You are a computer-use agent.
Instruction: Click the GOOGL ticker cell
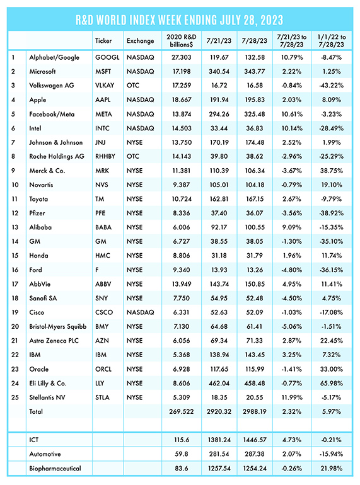click(x=107, y=57)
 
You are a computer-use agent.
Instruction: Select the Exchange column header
click(x=140, y=41)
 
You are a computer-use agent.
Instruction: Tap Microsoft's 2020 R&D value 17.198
click(x=182, y=71)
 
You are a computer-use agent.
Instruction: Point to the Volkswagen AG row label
click(x=52, y=86)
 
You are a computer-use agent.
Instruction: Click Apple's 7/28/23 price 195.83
click(x=255, y=100)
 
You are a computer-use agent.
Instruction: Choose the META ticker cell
click(x=103, y=114)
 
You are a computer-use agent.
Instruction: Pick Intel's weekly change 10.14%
click(x=291, y=128)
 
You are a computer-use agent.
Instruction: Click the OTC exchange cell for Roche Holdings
click(x=133, y=156)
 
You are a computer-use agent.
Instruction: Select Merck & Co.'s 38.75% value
click(x=331, y=171)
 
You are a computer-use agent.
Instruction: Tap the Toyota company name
click(x=38, y=199)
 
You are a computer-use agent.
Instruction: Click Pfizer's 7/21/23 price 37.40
click(x=219, y=214)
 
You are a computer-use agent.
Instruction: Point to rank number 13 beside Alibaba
click(x=15, y=227)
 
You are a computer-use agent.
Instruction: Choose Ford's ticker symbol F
click(x=97, y=270)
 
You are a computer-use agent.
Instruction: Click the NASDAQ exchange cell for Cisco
click(x=140, y=312)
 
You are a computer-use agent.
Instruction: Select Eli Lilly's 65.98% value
click(x=331, y=383)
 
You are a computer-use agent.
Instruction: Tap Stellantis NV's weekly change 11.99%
click(x=291, y=397)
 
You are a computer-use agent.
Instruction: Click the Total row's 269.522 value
click(x=182, y=412)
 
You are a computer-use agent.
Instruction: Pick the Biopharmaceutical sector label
click(x=55, y=468)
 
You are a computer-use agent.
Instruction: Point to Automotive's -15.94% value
click(x=331, y=454)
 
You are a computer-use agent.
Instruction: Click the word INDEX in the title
click(x=142, y=20)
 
